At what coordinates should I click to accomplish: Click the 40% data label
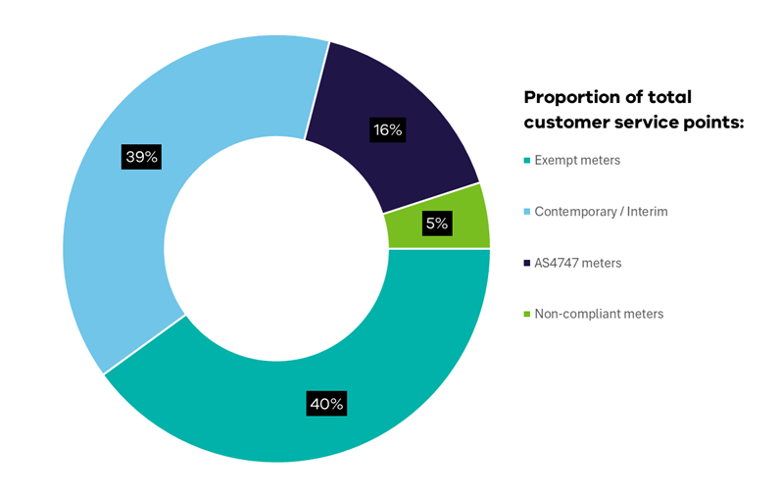point(326,403)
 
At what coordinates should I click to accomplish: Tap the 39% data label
point(141,156)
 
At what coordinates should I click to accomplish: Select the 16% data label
point(387,129)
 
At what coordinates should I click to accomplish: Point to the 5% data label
point(436,224)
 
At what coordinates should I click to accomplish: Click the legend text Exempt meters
point(577,160)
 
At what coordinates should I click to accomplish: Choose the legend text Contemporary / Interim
point(602,212)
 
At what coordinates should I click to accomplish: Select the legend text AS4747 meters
point(579,263)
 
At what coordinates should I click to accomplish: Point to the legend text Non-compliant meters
point(600,314)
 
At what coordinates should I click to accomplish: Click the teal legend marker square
point(527,161)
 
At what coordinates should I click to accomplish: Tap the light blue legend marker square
point(527,212)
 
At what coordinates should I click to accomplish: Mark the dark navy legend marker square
point(527,264)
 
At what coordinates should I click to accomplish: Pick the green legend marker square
point(527,315)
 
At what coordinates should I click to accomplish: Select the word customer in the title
point(565,123)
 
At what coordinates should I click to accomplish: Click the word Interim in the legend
point(647,212)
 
